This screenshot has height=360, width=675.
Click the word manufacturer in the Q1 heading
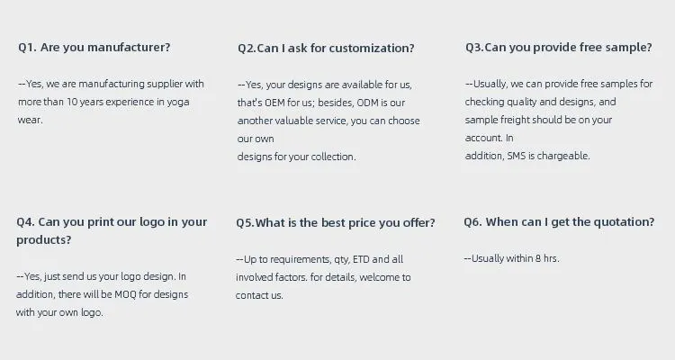[126, 48]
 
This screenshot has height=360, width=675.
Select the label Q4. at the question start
[26, 222]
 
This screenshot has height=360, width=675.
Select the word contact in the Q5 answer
[252, 295]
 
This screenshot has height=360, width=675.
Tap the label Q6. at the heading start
[473, 222]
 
